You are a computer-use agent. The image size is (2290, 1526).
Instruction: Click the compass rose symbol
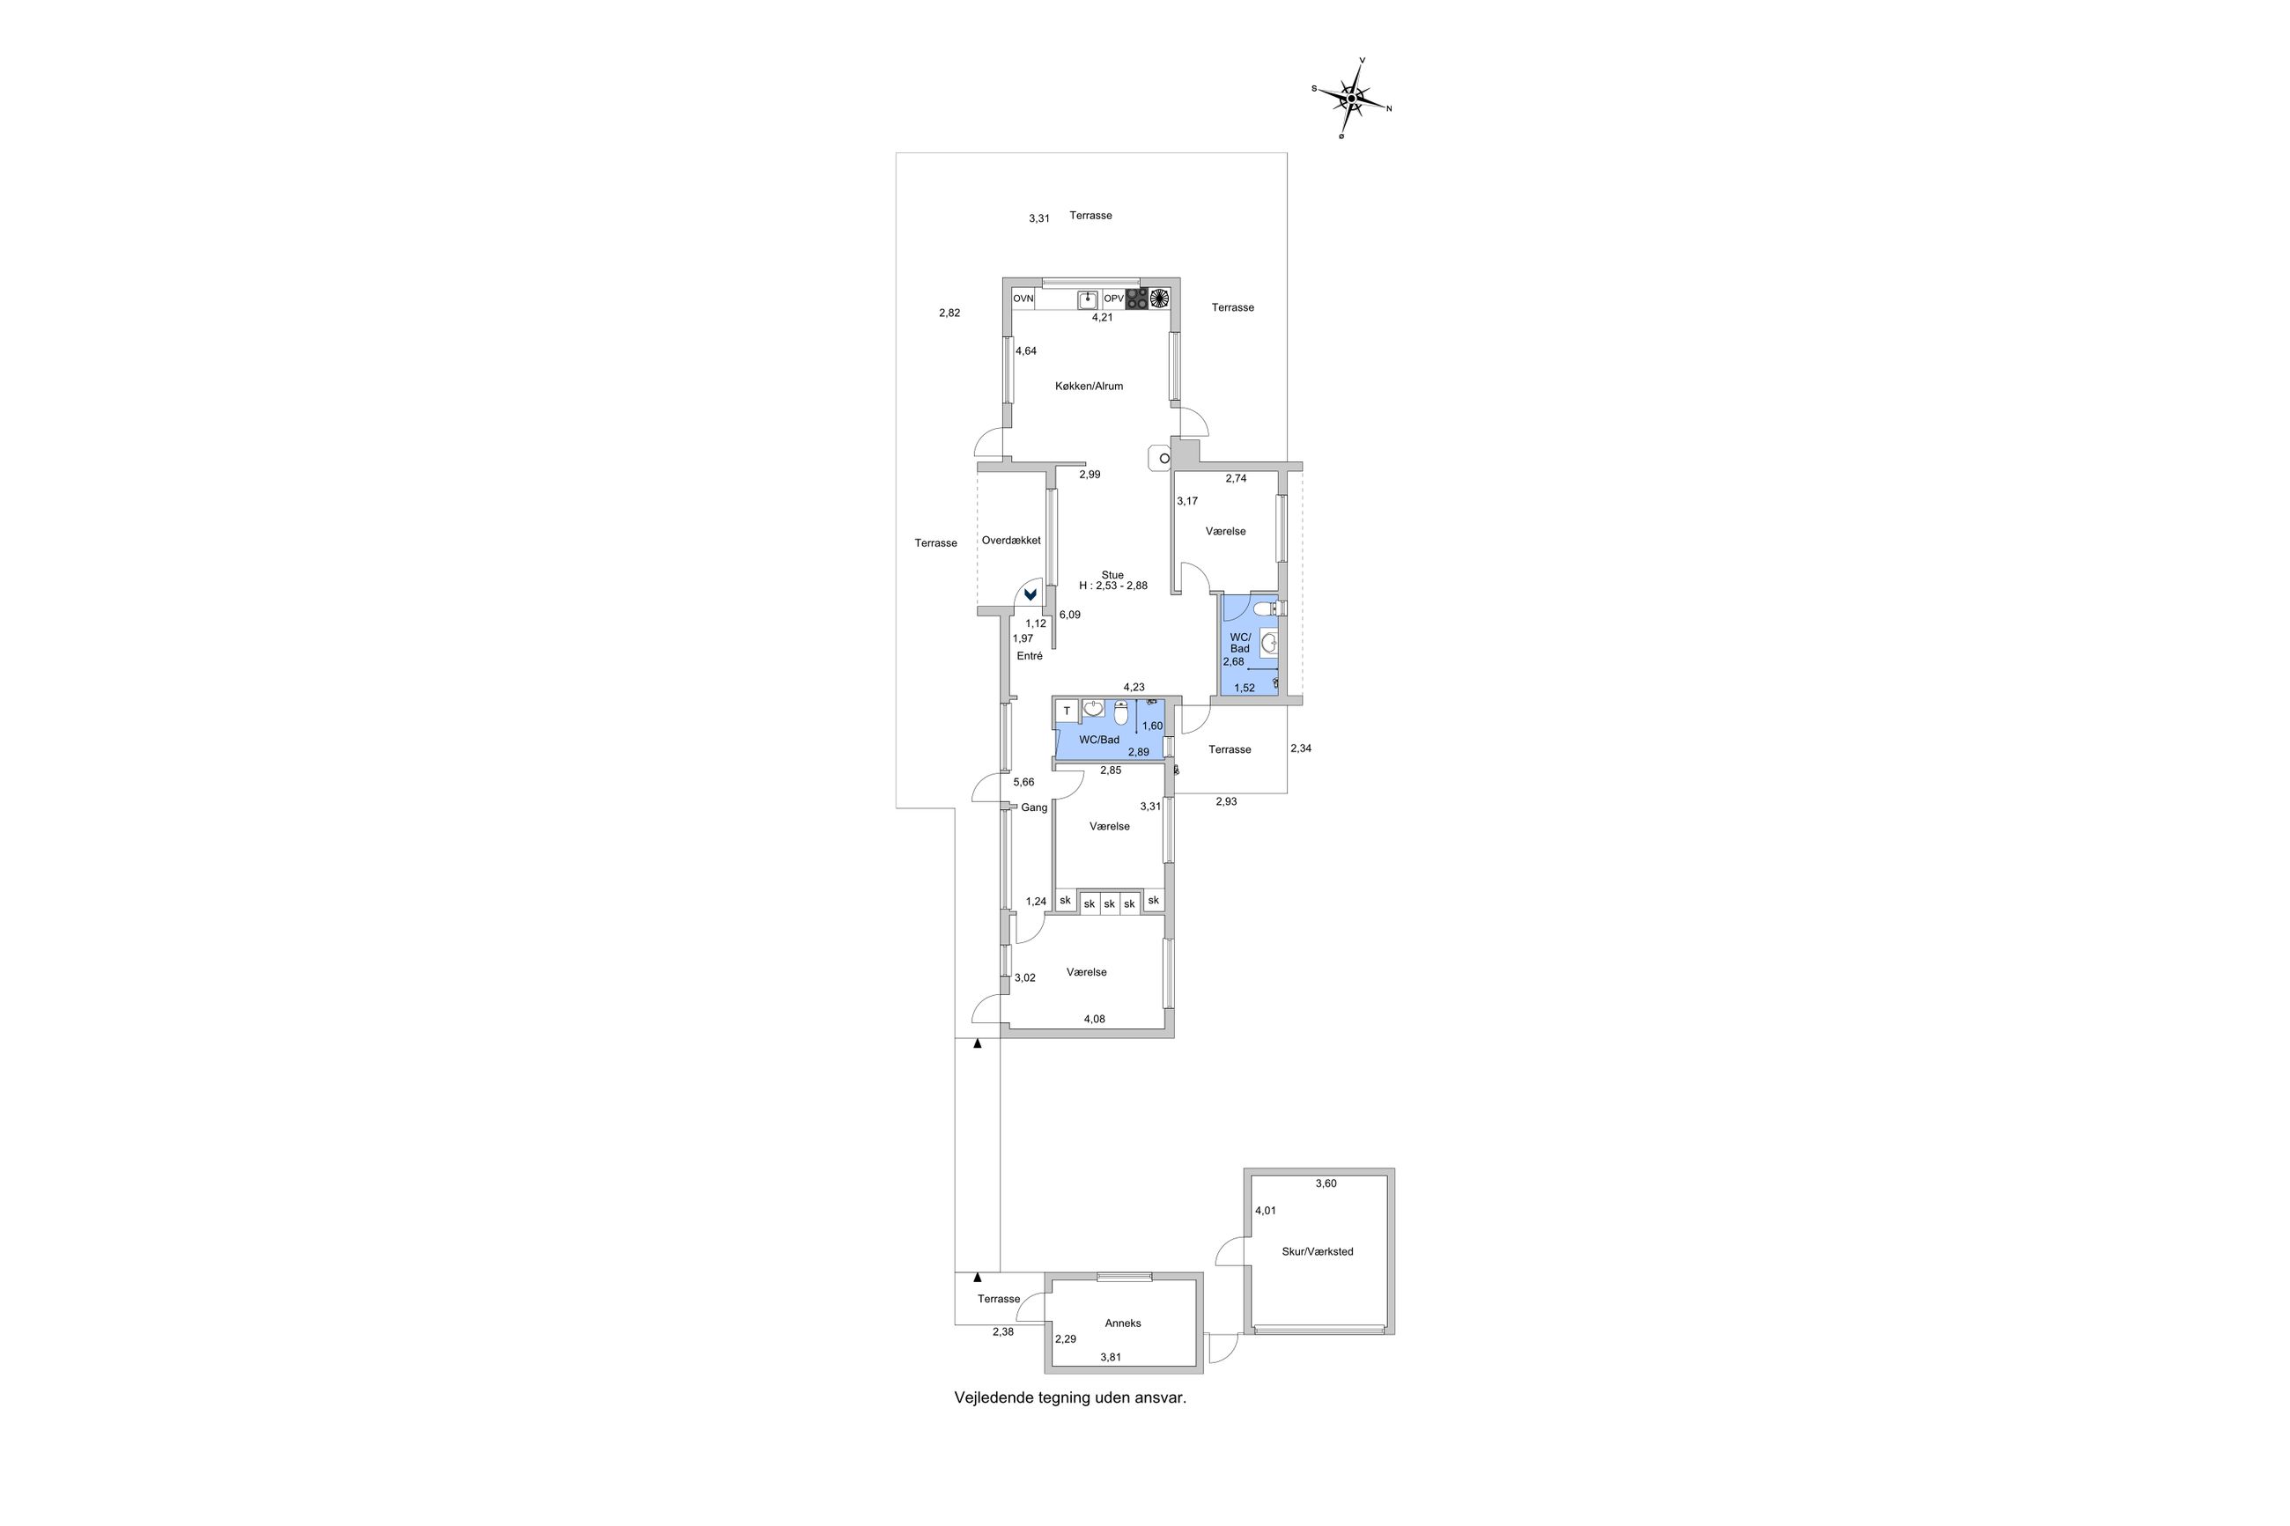click(x=1351, y=99)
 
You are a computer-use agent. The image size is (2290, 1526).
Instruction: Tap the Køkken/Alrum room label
click(x=1089, y=387)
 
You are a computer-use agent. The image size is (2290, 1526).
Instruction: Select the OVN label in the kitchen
click(x=1023, y=299)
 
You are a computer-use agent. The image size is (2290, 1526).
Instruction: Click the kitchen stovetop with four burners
click(x=1137, y=299)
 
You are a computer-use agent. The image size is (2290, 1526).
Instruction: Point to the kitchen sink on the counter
click(x=1088, y=299)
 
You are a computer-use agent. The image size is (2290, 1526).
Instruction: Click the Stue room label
click(x=1112, y=575)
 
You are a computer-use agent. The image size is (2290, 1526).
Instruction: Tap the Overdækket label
click(x=1011, y=540)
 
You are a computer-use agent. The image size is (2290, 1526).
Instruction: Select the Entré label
click(x=1030, y=656)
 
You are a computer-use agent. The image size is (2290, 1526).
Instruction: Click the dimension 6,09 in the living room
click(x=1069, y=616)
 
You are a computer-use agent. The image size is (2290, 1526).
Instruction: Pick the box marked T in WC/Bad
click(x=1067, y=711)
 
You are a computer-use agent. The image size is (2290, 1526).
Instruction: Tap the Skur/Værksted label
click(x=1318, y=1251)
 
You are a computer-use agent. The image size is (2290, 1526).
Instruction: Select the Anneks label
click(x=1123, y=1323)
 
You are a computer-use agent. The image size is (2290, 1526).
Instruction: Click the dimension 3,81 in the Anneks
click(x=1111, y=1357)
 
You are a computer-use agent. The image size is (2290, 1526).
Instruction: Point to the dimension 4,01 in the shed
click(x=1265, y=1211)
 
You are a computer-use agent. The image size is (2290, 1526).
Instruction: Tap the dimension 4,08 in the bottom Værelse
click(x=1095, y=1019)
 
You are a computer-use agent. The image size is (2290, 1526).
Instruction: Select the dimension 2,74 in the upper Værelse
click(x=1236, y=479)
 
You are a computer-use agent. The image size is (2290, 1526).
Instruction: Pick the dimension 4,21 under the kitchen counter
click(x=1102, y=317)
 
